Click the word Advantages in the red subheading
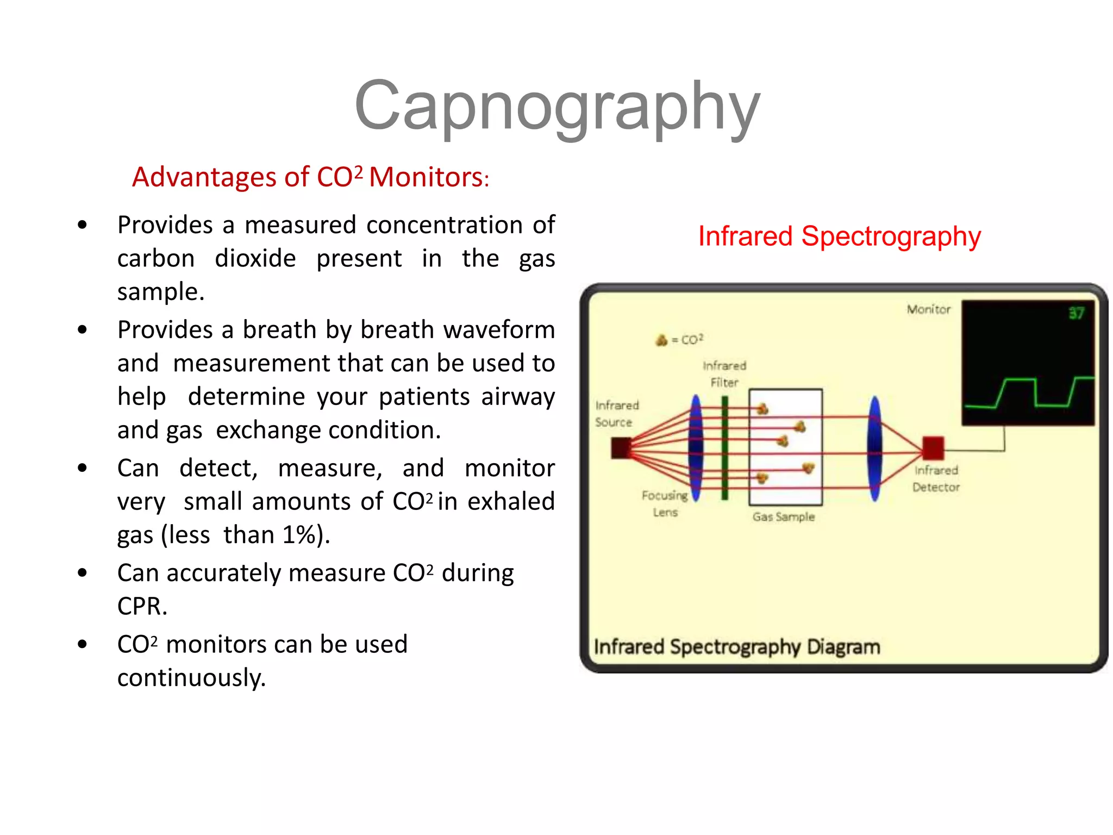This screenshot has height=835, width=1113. [x=204, y=177]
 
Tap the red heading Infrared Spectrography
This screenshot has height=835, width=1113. [x=839, y=236]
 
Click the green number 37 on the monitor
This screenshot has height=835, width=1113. [x=1076, y=313]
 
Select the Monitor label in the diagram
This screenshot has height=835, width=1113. [x=928, y=309]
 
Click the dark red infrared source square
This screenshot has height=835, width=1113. [x=621, y=448]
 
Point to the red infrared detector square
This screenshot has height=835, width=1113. [x=933, y=447]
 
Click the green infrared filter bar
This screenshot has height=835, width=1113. [x=724, y=447]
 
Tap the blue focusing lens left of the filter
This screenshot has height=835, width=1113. [x=696, y=447]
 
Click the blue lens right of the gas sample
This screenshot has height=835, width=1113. [x=874, y=447]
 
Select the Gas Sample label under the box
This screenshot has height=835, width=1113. [x=783, y=517]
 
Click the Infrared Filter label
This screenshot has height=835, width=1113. [x=724, y=374]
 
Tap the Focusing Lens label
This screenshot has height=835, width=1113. [x=665, y=504]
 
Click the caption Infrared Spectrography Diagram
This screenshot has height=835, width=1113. [x=736, y=647]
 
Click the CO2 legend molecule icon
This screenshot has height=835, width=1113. [x=661, y=340]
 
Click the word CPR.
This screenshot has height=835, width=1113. [x=142, y=606]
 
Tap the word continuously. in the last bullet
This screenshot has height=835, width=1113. [x=191, y=678]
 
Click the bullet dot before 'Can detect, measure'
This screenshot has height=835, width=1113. [x=82, y=468]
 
